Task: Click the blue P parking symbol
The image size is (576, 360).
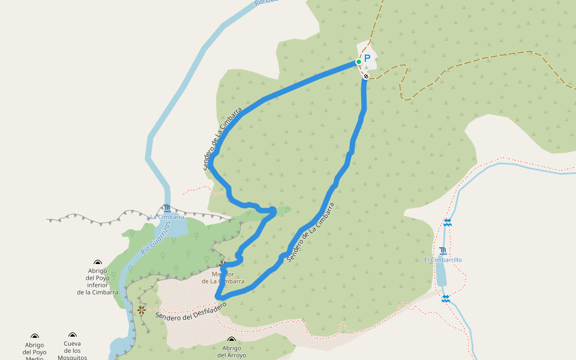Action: pyautogui.click(x=367, y=59)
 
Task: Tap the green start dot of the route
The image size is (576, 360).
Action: pyautogui.click(x=359, y=61)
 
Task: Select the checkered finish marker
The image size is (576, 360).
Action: pyautogui.click(x=365, y=76)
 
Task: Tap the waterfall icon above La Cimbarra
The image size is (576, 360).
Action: pyautogui.click(x=166, y=208)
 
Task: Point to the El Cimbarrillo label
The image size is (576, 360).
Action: pyautogui.click(x=443, y=260)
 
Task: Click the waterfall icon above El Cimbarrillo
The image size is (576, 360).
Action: pyautogui.click(x=443, y=251)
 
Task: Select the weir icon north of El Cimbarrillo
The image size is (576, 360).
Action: pyautogui.click(x=448, y=223)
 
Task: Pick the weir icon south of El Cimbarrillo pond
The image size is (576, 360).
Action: pyautogui.click(x=445, y=298)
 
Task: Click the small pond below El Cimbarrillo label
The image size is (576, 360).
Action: pyautogui.click(x=441, y=274)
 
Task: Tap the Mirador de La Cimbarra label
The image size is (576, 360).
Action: pyautogui.click(x=223, y=277)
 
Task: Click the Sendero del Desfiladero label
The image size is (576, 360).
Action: pyautogui.click(x=191, y=311)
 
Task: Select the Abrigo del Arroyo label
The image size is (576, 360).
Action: pyautogui.click(x=232, y=351)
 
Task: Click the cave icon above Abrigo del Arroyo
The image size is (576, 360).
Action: pyautogui.click(x=232, y=340)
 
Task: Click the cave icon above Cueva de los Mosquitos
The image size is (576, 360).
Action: pyautogui.click(x=73, y=335)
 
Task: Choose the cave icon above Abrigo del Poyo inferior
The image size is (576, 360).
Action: pyautogui.click(x=98, y=262)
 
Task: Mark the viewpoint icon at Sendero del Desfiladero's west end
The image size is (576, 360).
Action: pyautogui.click(x=141, y=310)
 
